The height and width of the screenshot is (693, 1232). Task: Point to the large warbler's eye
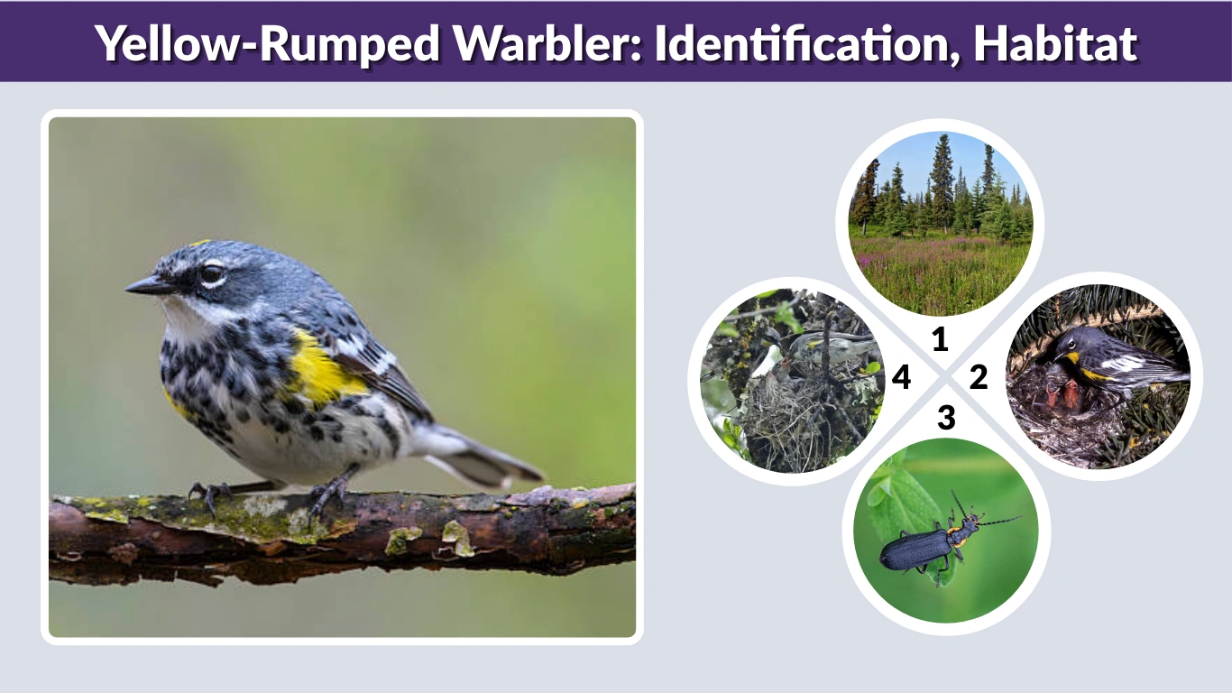coord(211,273)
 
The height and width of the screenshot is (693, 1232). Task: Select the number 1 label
coord(940,340)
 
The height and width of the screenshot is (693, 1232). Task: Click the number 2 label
coord(979,377)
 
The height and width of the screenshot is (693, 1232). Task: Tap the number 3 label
coord(945,418)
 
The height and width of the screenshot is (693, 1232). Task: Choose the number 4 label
coord(901,377)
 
